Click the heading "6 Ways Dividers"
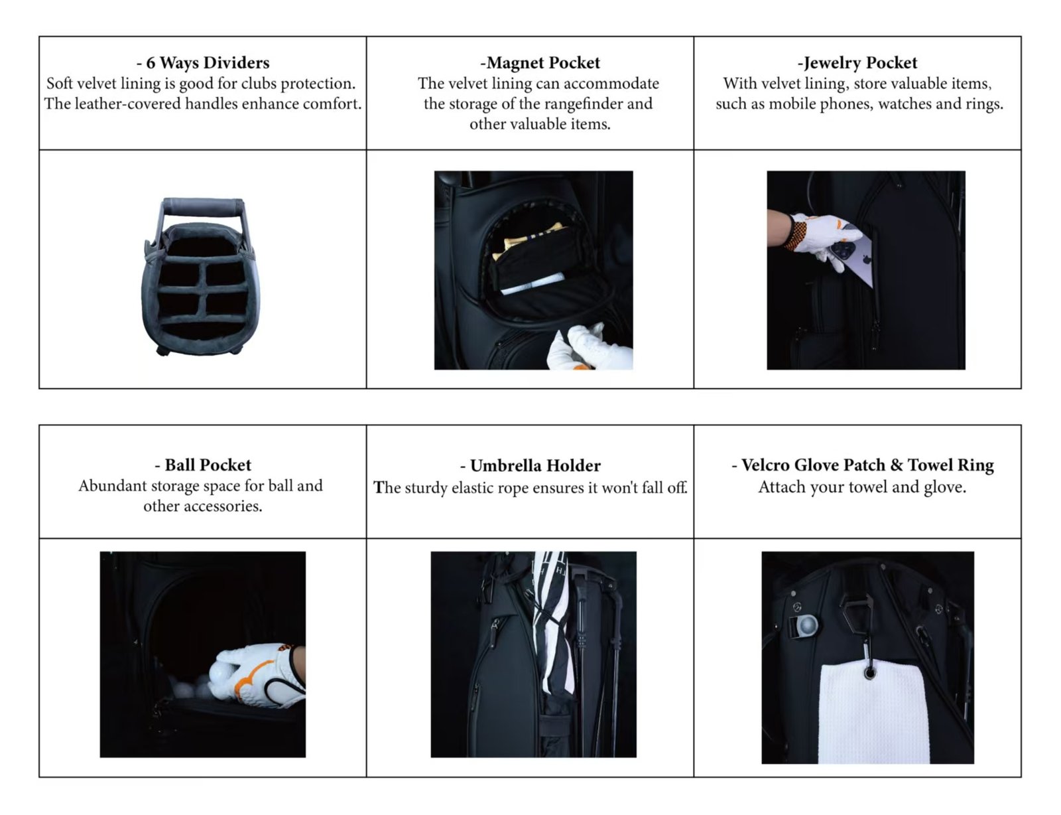pyautogui.click(x=203, y=63)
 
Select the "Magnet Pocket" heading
pyautogui.click(x=540, y=63)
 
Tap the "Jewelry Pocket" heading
pyautogui.click(x=857, y=63)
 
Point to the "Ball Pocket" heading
pyautogui.click(x=203, y=465)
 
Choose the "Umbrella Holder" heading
pyautogui.click(x=530, y=465)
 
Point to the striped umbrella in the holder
pyautogui.click(x=552, y=624)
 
